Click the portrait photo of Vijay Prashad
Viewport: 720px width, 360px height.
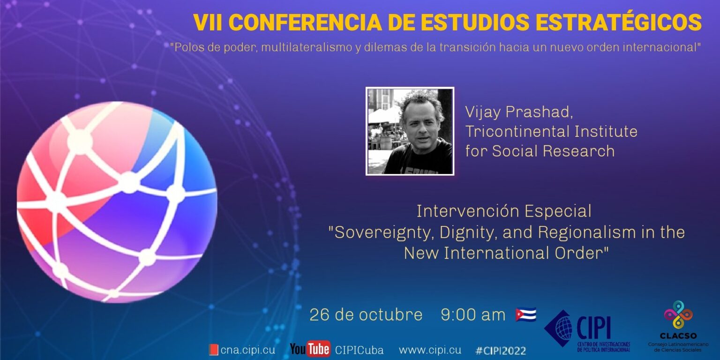[x=410, y=131]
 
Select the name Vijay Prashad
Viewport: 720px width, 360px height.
[x=519, y=112]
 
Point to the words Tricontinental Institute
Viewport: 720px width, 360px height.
[x=551, y=131]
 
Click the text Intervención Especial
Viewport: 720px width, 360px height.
[x=504, y=211]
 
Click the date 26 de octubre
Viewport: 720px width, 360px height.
[x=366, y=315]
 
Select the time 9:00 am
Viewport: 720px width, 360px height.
[x=473, y=315]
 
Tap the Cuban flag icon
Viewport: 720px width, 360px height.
[x=525, y=314]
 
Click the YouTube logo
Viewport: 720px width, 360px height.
[x=310, y=349]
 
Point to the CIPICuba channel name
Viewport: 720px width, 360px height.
[x=359, y=350]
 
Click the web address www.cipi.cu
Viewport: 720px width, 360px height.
[x=430, y=350]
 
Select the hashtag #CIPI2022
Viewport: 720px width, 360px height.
[x=500, y=350]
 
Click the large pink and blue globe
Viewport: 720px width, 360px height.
[x=117, y=202]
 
